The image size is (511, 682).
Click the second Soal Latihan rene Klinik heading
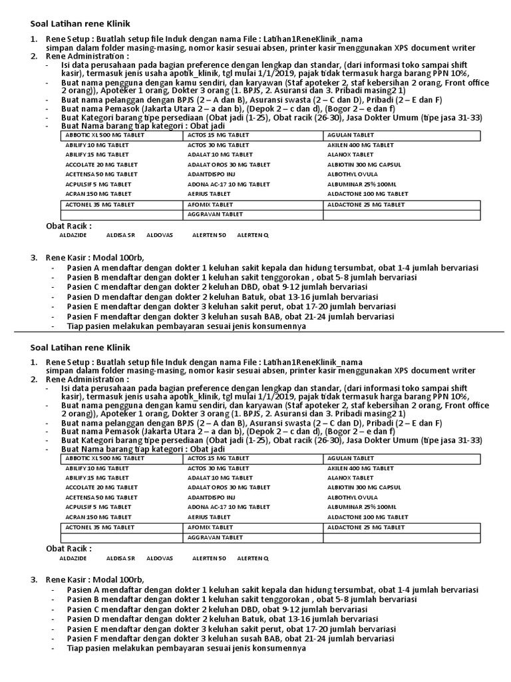[81, 348]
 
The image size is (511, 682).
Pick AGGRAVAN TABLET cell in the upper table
[215, 214]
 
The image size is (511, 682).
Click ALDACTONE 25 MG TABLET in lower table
[365, 527]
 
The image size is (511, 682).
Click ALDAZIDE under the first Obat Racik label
[73, 235]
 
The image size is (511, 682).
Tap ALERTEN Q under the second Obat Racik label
[253, 557]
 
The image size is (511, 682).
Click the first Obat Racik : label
[69, 226]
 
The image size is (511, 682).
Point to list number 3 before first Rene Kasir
[34, 258]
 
